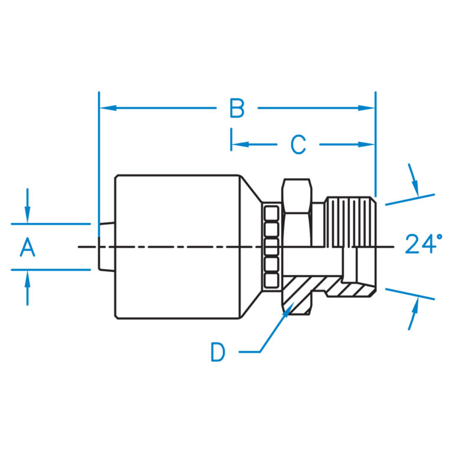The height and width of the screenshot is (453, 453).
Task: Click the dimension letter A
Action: [27, 247]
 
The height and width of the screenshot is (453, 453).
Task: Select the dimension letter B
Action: [237, 109]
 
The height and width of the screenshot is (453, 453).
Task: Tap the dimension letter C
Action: [298, 145]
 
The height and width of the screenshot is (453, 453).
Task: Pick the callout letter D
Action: [218, 353]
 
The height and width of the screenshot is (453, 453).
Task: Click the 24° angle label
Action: [424, 244]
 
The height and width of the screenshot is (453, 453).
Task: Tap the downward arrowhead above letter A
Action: [27, 218]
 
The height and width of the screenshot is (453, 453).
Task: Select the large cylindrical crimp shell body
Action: [177, 247]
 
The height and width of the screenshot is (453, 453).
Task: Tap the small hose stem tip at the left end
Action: [106, 247]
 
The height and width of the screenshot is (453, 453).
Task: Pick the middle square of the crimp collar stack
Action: [271, 246]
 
